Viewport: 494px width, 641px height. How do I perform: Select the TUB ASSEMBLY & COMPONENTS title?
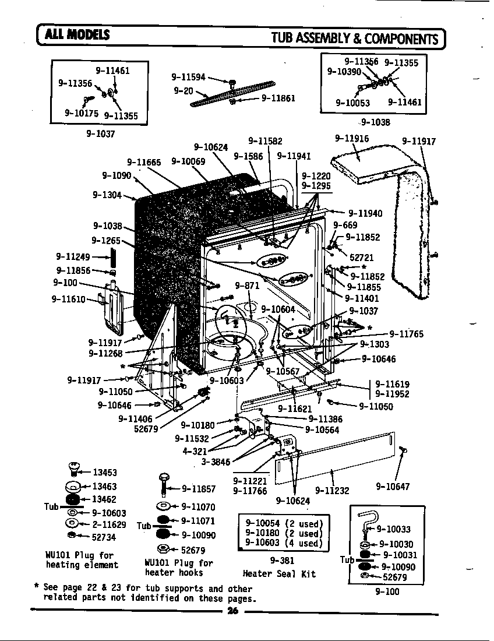pos(354,38)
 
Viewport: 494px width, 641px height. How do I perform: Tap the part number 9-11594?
pos(189,76)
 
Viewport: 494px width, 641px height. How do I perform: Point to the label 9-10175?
pos(81,113)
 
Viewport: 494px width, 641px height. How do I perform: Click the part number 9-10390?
pos(344,72)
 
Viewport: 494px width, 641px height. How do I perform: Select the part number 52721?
pos(361,257)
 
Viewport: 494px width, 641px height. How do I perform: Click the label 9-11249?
pos(73,256)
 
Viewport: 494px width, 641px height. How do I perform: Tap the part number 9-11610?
pos(69,300)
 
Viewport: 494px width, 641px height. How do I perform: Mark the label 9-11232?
pos(332,491)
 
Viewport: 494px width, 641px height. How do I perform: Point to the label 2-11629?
pos(108,524)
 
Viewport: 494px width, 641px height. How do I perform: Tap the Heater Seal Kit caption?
pos(279,573)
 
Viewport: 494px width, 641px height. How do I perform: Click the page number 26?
pos(233,611)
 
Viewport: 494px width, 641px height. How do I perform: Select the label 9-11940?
pos(365,213)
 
